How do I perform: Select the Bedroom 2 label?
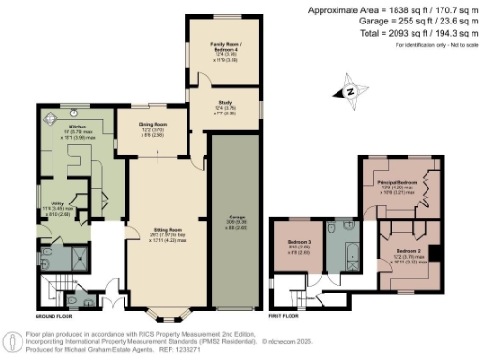(x=407, y=253)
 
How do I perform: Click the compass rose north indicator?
(x=349, y=92)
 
